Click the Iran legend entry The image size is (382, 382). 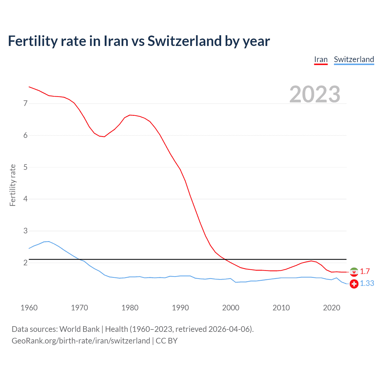[x=321, y=60]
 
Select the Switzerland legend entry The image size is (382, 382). [x=354, y=60]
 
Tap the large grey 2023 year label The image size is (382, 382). [x=315, y=94]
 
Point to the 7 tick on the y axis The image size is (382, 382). [x=25, y=104]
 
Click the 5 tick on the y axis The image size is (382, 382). [x=25, y=167]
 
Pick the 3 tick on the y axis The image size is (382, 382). [x=25, y=231]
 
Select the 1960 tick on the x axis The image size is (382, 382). [x=29, y=308]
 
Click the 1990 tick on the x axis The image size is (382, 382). [x=180, y=308]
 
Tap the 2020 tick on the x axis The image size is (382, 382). [x=332, y=308]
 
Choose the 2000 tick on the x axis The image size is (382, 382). [x=231, y=308]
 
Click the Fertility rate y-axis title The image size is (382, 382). [x=13, y=185]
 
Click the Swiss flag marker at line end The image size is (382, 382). [x=354, y=284]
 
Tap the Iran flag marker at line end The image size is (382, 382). [x=354, y=272]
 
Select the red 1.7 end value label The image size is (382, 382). [x=365, y=271]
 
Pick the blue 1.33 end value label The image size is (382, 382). [x=367, y=283]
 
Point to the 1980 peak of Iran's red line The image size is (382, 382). [x=130, y=115]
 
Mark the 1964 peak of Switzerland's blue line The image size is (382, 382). [x=49, y=241]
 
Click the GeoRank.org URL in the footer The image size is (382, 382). [x=81, y=341]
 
